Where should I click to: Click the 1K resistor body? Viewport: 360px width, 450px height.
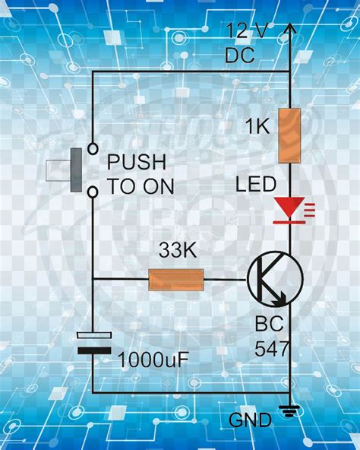pos(289,136)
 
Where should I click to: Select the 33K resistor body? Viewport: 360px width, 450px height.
pos(176,280)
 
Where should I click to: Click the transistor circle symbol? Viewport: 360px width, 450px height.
pos(275,279)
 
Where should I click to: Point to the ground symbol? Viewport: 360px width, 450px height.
pos(289,412)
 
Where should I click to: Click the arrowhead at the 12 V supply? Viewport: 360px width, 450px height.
pos(289,29)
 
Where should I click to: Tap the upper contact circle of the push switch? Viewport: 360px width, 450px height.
pos(93,149)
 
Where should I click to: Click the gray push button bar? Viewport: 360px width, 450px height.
pos(76,170)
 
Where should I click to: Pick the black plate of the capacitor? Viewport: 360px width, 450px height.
pos(94,350)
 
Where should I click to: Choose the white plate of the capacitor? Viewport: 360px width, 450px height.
pos(94,335)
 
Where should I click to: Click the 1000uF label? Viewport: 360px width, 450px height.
pos(153,360)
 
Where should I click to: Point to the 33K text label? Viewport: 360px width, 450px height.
pos(178,249)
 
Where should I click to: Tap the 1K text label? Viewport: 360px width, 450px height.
pos(257,125)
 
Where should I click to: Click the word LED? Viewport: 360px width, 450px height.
pos(256,184)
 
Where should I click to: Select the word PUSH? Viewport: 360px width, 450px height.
pos(137,162)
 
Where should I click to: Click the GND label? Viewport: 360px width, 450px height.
pos(250,420)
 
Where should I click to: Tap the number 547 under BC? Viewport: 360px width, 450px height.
pos(271,348)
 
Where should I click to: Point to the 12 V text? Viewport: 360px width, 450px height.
pos(247,30)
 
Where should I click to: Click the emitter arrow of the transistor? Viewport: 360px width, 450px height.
pos(279,299)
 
